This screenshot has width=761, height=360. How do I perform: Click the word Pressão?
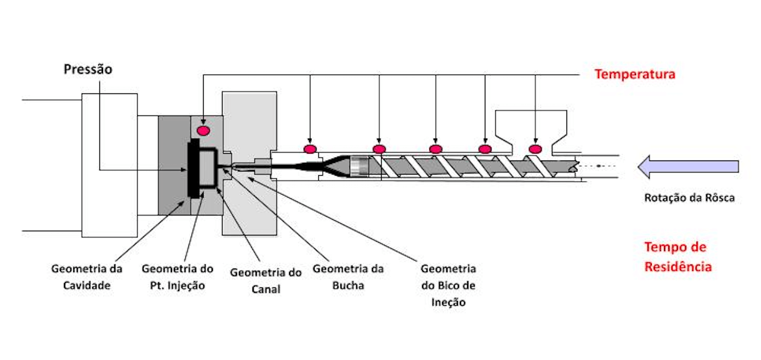click(88, 70)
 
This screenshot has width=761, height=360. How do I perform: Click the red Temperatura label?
click(635, 74)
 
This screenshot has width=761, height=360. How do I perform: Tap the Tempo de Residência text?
click(678, 257)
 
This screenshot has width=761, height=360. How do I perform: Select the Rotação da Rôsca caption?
click(689, 198)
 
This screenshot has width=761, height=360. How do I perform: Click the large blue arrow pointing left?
click(687, 166)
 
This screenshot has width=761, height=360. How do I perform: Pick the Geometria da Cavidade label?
click(87, 276)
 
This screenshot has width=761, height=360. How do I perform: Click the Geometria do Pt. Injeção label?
click(177, 276)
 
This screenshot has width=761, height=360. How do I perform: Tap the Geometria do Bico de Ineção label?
click(448, 285)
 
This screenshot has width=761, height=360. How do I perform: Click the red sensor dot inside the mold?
click(203, 131)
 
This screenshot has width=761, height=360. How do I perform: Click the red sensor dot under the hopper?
click(535, 149)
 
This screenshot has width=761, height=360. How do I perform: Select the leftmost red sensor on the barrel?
click(310, 149)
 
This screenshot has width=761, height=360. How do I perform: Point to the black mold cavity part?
click(193, 168)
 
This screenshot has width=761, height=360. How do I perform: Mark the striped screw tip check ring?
click(360, 166)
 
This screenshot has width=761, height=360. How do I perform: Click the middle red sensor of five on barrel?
click(435, 149)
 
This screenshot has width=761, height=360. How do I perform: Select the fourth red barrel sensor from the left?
click(485, 149)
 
